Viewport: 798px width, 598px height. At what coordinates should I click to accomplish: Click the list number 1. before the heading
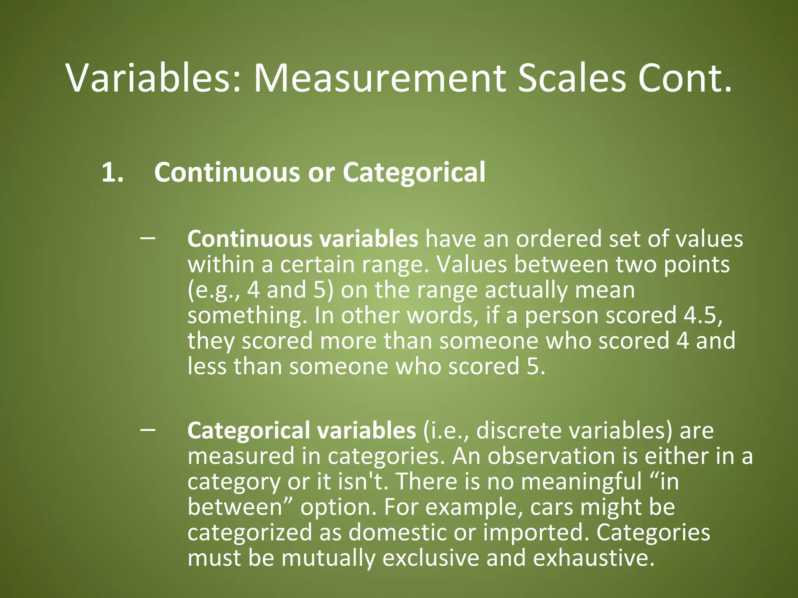tap(113, 172)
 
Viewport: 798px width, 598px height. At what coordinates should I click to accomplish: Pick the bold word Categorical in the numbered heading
tap(414, 172)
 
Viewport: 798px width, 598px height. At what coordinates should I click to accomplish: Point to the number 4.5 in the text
tap(701, 315)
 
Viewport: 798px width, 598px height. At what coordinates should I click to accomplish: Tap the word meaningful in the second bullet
tap(581, 482)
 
